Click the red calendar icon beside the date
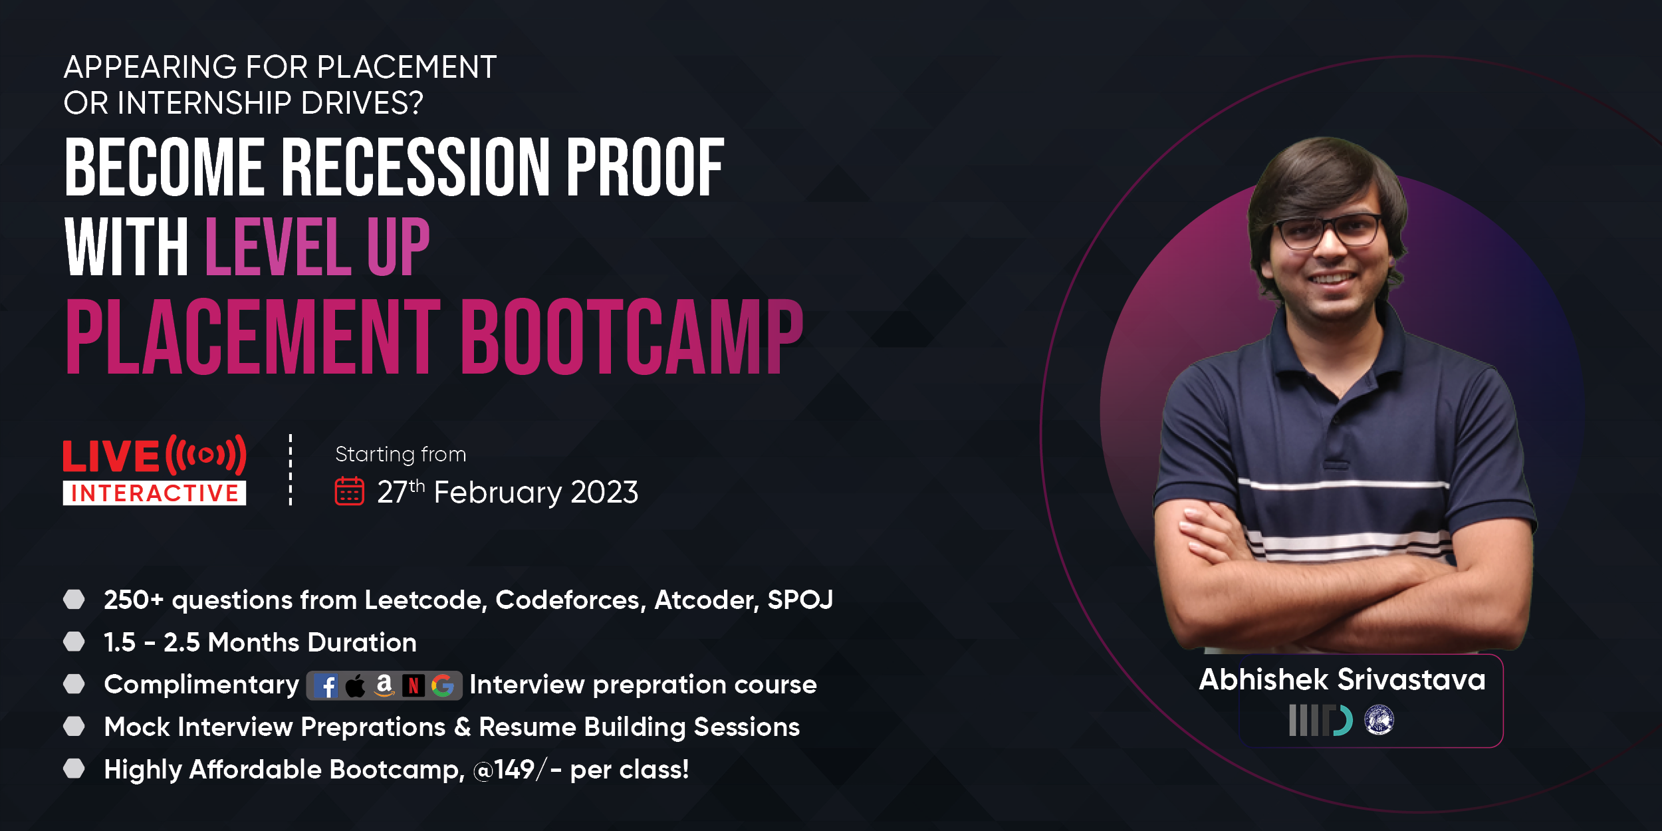tap(349, 491)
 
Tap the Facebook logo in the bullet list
tap(326, 685)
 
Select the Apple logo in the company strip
tap(355, 685)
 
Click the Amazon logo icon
tap(384, 685)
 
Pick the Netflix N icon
tap(414, 685)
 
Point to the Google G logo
tap(443, 685)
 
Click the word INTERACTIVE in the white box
tap(155, 493)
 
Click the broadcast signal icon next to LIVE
tap(206, 455)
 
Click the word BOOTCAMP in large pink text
tap(632, 336)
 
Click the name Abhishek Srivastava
tap(1342, 679)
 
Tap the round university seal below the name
tap(1379, 720)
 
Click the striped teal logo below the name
tap(1320, 721)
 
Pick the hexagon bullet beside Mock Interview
tap(74, 727)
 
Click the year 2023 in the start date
tap(604, 493)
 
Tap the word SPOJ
tap(800, 600)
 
